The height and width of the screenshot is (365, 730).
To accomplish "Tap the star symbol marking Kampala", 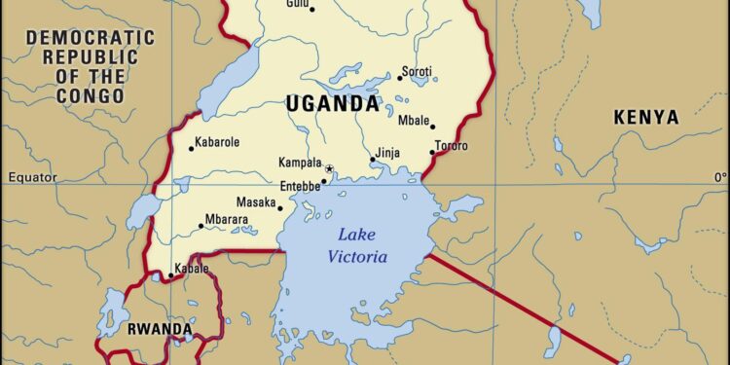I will pyautogui.click(x=329, y=169).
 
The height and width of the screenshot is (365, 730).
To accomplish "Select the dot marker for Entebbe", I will pyautogui.click(x=323, y=181).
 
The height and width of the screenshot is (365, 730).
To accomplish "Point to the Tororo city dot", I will pyautogui.click(x=431, y=152).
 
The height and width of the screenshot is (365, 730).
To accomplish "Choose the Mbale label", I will pyautogui.click(x=415, y=121).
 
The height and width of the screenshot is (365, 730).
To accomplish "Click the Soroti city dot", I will pyautogui.click(x=399, y=78).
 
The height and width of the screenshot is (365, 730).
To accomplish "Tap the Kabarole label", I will pyautogui.click(x=218, y=142).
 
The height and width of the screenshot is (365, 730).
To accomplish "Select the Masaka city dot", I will pyautogui.click(x=280, y=207).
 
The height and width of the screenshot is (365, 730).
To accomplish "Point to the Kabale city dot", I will pyautogui.click(x=170, y=275).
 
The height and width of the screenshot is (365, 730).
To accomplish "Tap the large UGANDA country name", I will pyautogui.click(x=332, y=103).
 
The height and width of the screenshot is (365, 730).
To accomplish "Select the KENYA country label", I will pyautogui.click(x=645, y=117).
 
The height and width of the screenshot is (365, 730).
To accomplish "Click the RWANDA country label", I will pyautogui.click(x=160, y=330).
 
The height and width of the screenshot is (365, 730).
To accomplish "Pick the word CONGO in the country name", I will pyautogui.click(x=91, y=96).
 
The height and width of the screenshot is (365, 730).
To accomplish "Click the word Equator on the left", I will pyautogui.click(x=26, y=177).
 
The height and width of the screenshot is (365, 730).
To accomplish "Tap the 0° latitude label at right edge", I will pyautogui.click(x=720, y=177).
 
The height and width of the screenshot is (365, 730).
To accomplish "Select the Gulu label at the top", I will pyautogui.click(x=299, y=5).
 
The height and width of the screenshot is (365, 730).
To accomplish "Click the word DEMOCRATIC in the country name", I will pyautogui.click(x=91, y=38).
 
